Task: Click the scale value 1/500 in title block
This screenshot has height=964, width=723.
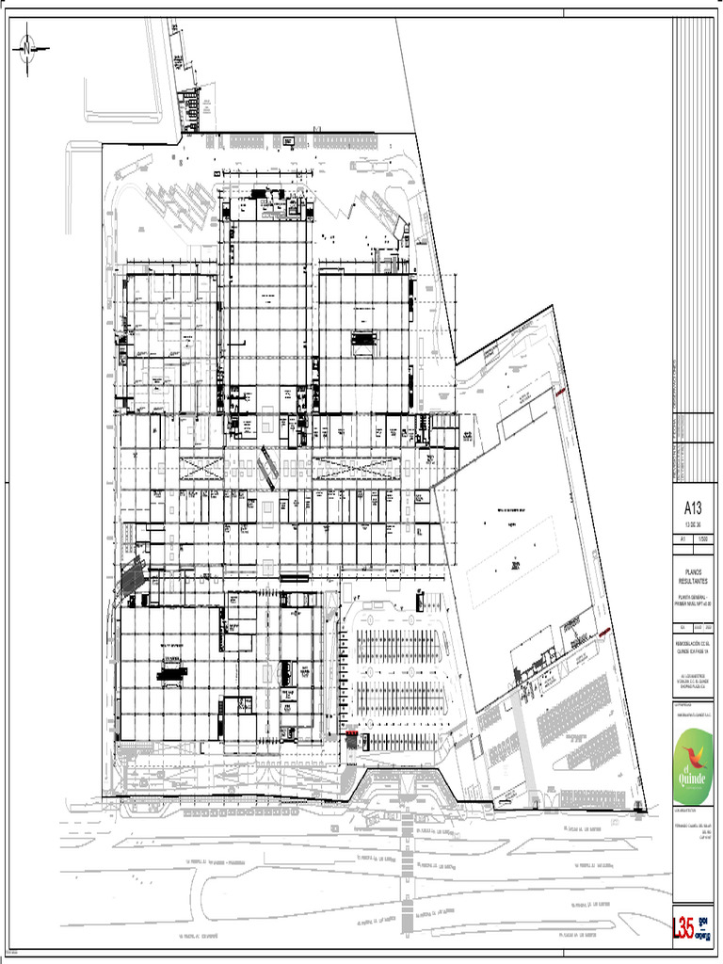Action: pyautogui.click(x=702, y=539)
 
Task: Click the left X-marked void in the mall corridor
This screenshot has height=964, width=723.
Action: pyautogui.click(x=203, y=468)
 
